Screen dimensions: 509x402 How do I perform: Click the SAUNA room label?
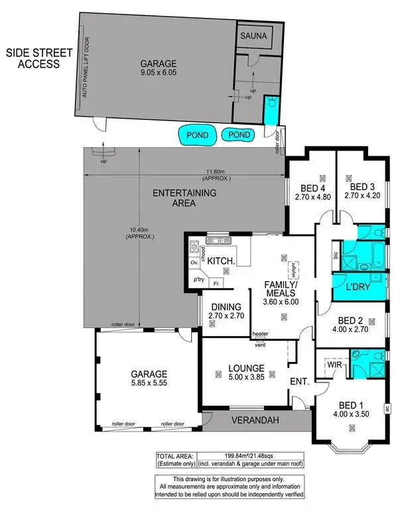coord(254,37)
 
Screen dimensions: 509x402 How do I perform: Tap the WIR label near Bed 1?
coord(334,364)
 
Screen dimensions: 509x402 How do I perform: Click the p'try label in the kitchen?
coord(198,281)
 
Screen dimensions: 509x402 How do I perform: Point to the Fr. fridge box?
coord(216,284)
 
